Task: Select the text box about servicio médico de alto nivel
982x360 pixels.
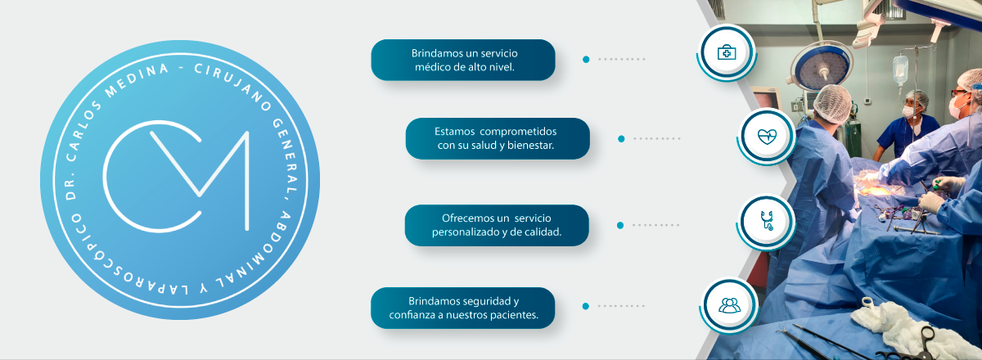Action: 463,60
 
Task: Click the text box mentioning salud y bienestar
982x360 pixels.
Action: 498,138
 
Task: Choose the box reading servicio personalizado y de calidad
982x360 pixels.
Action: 497,225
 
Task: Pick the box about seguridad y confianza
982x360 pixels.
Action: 463,308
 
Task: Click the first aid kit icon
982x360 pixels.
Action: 727,52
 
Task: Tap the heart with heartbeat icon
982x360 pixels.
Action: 767,137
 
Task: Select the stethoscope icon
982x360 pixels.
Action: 767,221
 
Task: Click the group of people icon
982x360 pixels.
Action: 729,305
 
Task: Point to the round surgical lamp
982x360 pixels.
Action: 822,65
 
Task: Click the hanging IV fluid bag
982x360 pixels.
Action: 900,70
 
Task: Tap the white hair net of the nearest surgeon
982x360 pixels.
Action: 833,102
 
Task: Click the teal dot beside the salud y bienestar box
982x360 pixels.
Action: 621,139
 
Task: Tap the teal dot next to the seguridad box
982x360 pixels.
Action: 586,307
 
